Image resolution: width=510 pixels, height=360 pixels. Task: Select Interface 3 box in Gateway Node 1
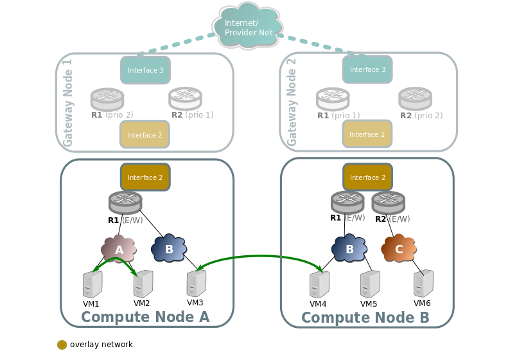point(145,70)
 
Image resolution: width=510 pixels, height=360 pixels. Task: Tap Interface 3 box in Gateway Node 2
point(367,69)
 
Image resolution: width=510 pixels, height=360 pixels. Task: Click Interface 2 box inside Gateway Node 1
point(145,135)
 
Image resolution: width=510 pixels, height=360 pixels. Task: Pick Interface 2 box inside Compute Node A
point(145,177)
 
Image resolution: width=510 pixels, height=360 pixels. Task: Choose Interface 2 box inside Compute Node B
point(367,177)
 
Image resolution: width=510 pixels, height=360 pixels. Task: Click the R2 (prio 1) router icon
point(185,98)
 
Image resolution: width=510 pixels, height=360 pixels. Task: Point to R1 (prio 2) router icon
point(107,98)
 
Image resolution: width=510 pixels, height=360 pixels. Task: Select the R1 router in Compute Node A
point(125,203)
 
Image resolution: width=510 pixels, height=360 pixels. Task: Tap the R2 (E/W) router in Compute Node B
point(388,203)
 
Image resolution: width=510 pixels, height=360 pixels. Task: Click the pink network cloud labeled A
point(119,249)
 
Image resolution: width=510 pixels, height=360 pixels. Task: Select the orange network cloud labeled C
point(399,248)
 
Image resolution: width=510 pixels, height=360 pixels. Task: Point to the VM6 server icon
point(423,283)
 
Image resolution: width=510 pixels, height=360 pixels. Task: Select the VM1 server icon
point(92,284)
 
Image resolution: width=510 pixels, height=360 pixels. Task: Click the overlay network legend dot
point(62,345)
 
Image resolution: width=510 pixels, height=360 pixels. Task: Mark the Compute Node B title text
point(365,318)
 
